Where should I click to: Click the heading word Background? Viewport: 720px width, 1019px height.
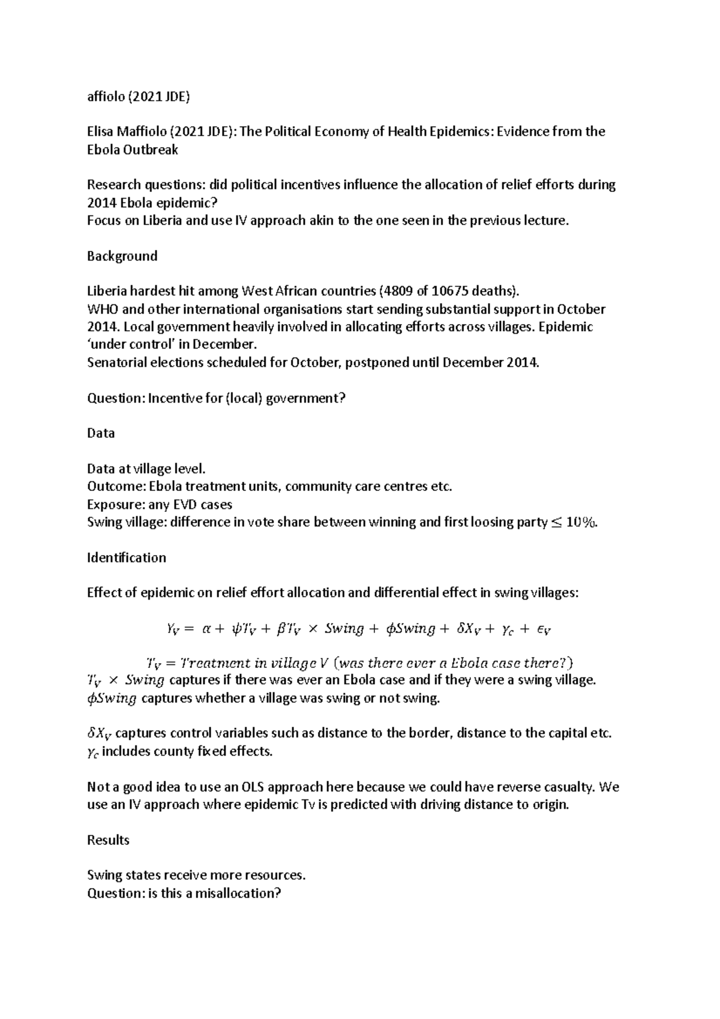coord(122,256)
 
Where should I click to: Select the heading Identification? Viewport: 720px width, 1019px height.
coord(126,558)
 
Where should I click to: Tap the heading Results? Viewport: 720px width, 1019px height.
coord(108,840)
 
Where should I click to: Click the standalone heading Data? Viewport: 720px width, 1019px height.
coord(100,433)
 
